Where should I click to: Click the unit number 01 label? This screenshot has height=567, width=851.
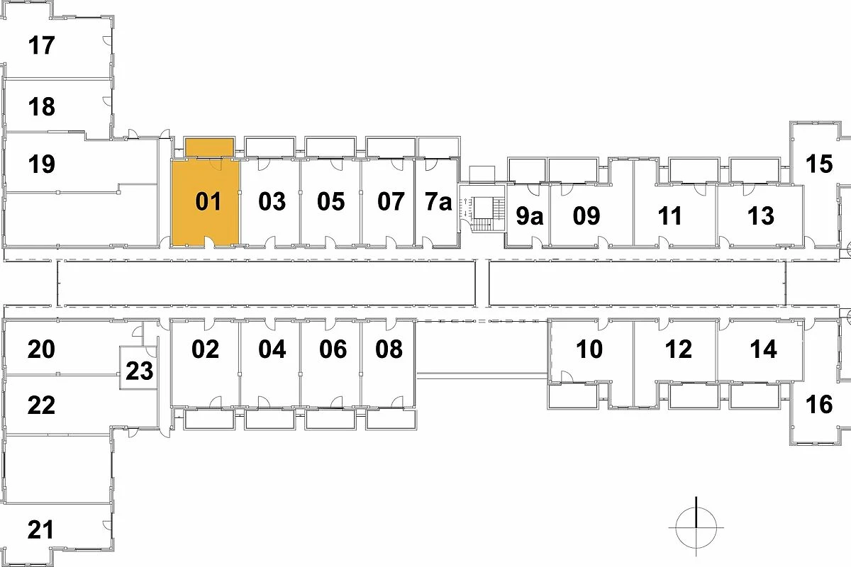(x=208, y=201)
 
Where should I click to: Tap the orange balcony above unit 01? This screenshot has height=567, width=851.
(x=209, y=147)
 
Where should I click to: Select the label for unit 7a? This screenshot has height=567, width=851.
(x=438, y=201)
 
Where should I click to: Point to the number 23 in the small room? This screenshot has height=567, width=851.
(x=140, y=371)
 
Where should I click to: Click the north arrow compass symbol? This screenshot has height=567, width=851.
(x=696, y=527)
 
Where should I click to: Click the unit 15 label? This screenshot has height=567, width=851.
(x=819, y=164)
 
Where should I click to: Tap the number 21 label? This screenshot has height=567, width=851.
(x=40, y=529)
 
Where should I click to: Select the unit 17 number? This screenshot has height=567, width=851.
(x=41, y=45)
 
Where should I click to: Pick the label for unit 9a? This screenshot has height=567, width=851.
(x=529, y=215)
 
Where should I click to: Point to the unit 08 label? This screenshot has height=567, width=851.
(x=389, y=349)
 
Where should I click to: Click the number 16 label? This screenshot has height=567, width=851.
(x=819, y=405)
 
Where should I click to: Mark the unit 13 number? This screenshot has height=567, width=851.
(x=760, y=215)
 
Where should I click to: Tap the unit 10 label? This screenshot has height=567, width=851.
(x=589, y=349)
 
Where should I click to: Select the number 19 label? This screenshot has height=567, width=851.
(x=41, y=164)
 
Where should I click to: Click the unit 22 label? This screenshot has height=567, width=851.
(x=41, y=405)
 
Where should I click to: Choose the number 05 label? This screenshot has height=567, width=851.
(x=331, y=201)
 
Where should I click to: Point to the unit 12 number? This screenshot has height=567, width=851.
(x=679, y=349)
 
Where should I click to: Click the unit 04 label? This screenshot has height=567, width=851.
(x=272, y=349)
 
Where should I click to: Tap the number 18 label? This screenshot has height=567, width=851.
(x=41, y=107)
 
